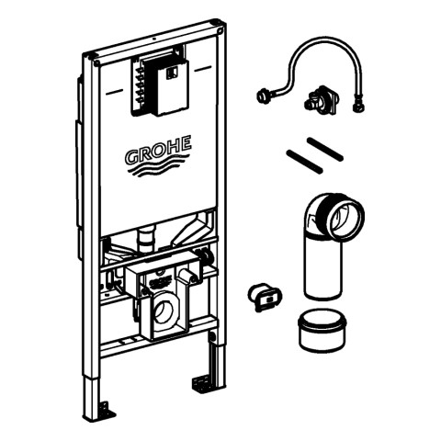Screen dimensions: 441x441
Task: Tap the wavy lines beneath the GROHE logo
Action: pos(158,168)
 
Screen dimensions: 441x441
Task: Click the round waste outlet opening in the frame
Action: pos(164,310)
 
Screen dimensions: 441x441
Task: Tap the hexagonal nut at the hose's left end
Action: pos(262,96)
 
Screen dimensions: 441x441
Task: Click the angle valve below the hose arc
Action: pos(321,97)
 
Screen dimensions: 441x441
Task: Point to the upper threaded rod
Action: pos(325,149)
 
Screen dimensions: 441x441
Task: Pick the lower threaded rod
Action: pos(304,161)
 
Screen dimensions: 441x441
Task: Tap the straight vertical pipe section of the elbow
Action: pos(322,269)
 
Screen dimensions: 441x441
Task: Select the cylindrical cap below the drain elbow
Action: pos(322,330)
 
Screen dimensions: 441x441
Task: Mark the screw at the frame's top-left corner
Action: pos(97,64)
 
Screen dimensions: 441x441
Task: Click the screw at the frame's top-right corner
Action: pos(220,30)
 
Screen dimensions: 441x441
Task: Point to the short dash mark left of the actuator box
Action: pos(115,92)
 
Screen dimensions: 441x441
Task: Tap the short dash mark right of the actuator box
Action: pos(203,69)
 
